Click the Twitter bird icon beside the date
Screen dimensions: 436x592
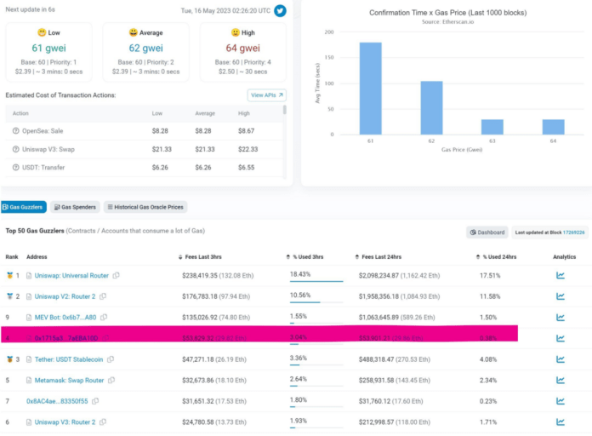coord(280,11)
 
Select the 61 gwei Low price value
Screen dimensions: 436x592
coord(49,48)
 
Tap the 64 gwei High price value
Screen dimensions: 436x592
coord(243,48)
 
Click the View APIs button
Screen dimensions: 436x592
coord(266,95)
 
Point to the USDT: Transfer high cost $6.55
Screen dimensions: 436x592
coord(247,168)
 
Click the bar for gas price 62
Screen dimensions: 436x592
coord(431,107)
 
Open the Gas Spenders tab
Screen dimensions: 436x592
coord(75,207)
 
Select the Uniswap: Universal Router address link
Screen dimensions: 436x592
coord(71,275)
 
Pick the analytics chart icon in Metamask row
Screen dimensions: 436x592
coord(561,380)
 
